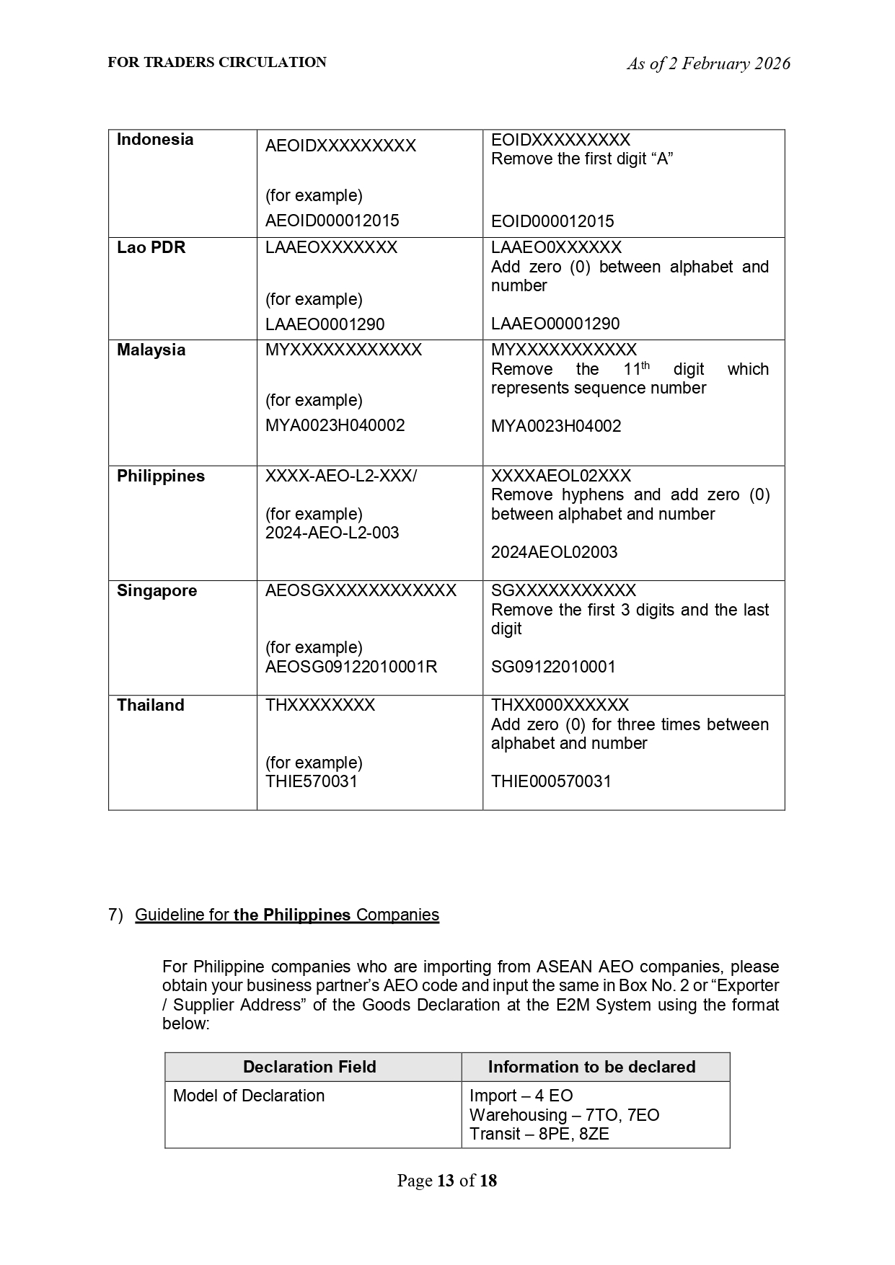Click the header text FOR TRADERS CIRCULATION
coord(217,63)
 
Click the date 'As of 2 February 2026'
coord(708,64)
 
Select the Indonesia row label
coord(155,140)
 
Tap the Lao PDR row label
coord(151,248)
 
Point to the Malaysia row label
coord(151,350)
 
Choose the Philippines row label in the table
coord(161,476)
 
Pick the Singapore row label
coord(157,591)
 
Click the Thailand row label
coord(151,706)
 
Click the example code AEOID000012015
coord(332,221)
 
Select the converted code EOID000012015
coord(552,221)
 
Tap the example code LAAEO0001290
coord(325,324)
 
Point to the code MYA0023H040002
coord(335,425)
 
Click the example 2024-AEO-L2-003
coord(332,533)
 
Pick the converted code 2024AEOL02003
coord(554,552)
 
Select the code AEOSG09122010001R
coord(351,667)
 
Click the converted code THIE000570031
coord(551,781)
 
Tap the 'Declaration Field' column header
coord(309,1067)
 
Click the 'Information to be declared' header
coord(591,1067)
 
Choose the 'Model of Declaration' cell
coord(249,1096)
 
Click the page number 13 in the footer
coord(446,1181)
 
